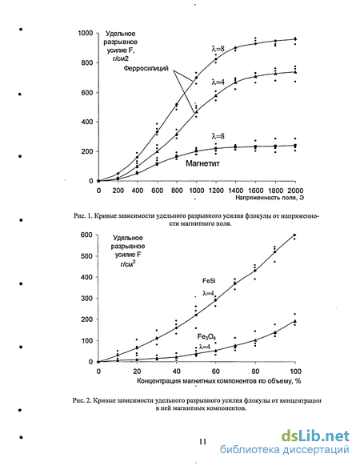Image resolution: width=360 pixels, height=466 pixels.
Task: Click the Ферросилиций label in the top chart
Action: (x=146, y=68)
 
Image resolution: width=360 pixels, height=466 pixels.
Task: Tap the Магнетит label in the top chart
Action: (x=202, y=163)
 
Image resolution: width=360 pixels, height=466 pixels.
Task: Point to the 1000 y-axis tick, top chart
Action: (x=86, y=33)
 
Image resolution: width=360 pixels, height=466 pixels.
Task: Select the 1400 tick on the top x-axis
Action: (x=235, y=191)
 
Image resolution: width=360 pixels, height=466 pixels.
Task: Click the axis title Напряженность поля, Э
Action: (x=270, y=197)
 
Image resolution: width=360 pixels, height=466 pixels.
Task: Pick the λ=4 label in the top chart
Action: (x=218, y=82)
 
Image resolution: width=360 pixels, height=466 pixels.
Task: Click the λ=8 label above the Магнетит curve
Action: (x=218, y=136)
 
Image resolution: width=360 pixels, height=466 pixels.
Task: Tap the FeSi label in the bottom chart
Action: (x=209, y=280)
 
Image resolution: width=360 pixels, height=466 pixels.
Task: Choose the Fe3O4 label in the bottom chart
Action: (x=206, y=337)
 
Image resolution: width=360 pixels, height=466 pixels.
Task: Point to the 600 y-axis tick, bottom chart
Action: (x=86, y=235)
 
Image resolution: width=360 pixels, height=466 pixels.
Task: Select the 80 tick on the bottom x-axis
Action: (x=255, y=372)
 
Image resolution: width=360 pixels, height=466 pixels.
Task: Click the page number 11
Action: (x=202, y=442)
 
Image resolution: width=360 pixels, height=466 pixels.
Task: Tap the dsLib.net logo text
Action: (x=315, y=436)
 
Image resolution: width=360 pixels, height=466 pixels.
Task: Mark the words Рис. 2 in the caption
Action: (x=82, y=400)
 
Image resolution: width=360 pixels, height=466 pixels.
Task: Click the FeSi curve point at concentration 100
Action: (x=294, y=235)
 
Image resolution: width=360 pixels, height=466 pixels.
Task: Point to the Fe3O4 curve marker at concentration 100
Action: (x=295, y=321)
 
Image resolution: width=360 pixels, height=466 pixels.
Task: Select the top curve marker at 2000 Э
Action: (x=295, y=39)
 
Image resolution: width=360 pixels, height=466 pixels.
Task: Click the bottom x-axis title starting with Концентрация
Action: (x=219, y=380)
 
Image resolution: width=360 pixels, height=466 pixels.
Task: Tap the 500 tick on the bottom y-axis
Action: (x=86, y=256)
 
